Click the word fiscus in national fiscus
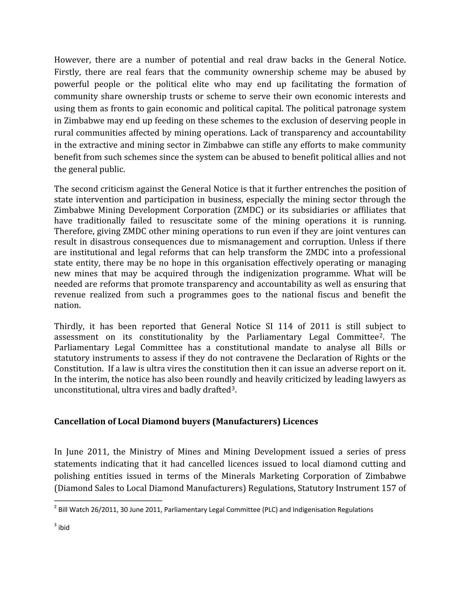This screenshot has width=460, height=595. click(x=328, y=295)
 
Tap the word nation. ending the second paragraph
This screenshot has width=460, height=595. click(x=67, y=305)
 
